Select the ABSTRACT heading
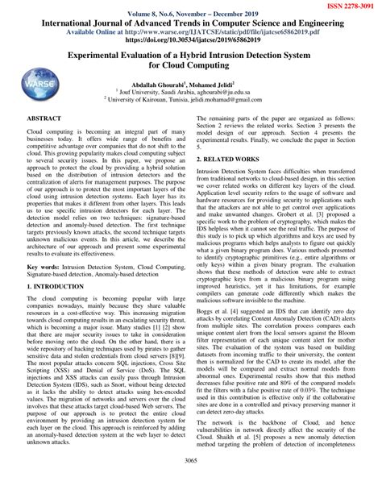coord(46,118)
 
